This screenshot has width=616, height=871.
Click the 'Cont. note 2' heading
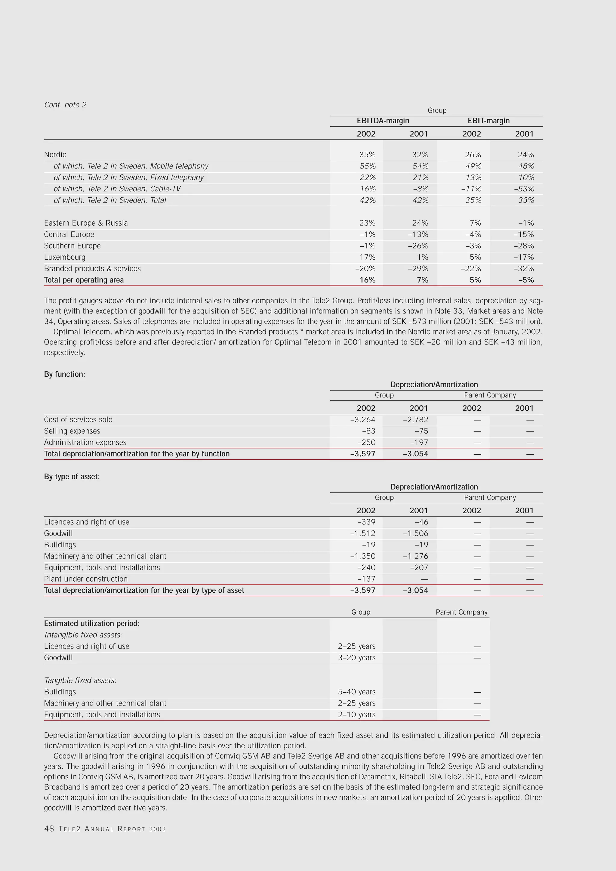[x=65, y=105]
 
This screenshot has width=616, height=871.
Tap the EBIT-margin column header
[x=488, y=121]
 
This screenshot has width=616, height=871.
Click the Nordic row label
[x=55, y=154]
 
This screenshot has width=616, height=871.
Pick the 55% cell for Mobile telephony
[x=367, y=166]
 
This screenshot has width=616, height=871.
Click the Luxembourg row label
[x=64, y=257]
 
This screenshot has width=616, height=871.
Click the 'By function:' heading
[x=64, y=374]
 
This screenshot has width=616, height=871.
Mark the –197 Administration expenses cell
[x=419, y=442]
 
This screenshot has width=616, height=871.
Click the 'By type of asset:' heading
[x=72, y=477]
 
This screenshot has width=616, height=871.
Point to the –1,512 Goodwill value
[x=363, y=533]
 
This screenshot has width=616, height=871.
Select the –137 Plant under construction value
[x=366, y=579]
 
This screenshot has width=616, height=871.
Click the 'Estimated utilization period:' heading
[x=92, y=623]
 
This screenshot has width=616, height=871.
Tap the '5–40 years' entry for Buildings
[x=356, y=692]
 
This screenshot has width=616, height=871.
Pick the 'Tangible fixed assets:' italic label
[x=80, y=680]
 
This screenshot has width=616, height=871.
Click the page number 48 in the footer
[x=49, y=829]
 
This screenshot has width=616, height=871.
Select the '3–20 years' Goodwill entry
[x=356, y=657]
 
